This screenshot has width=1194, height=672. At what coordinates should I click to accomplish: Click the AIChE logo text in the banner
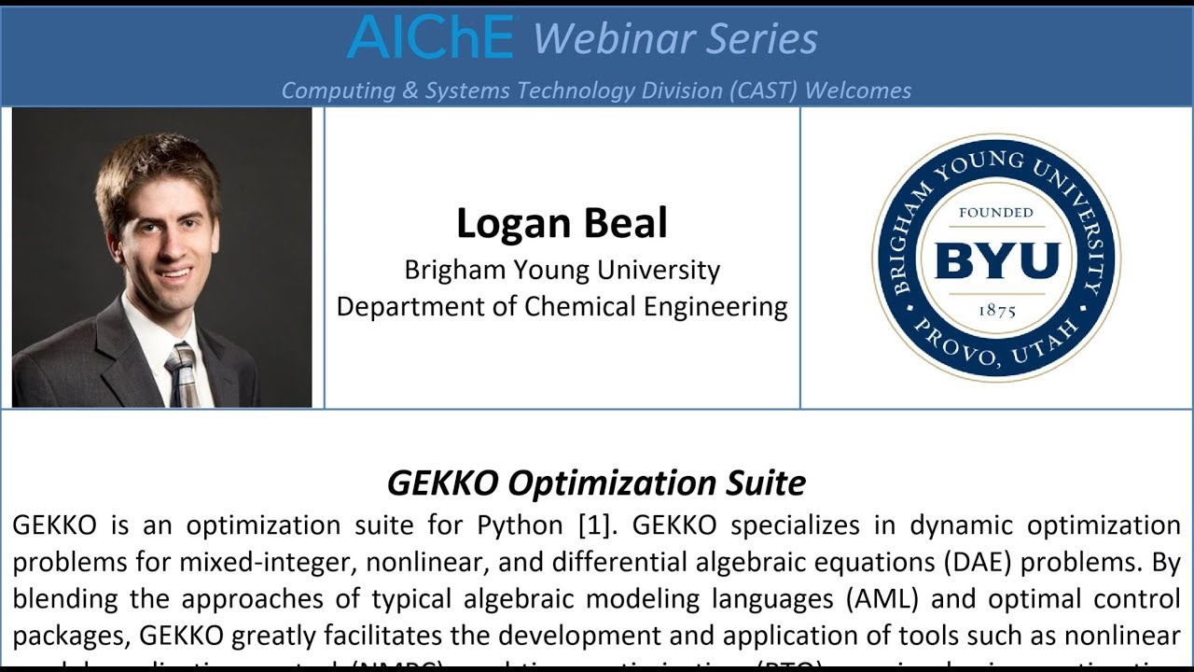[x=430, y=37]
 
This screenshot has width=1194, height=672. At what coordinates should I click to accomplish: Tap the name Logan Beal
[x=562, y=223]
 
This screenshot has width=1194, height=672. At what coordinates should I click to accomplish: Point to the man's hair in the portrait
[x=154, y=168]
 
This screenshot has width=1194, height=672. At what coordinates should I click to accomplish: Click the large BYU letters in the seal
[x=996, y=260]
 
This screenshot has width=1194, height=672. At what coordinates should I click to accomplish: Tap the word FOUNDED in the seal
[x=996, y=213]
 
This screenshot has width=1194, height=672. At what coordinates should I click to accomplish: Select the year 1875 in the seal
[x=996, y=311]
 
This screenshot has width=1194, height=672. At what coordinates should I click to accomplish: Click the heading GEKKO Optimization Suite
[x=596, y=483]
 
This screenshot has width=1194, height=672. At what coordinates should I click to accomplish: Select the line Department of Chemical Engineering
[x=562, y=306]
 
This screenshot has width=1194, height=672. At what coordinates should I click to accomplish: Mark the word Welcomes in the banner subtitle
[x=858, y=91]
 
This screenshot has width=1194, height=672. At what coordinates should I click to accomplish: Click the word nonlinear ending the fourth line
[x=1118, y=635]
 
